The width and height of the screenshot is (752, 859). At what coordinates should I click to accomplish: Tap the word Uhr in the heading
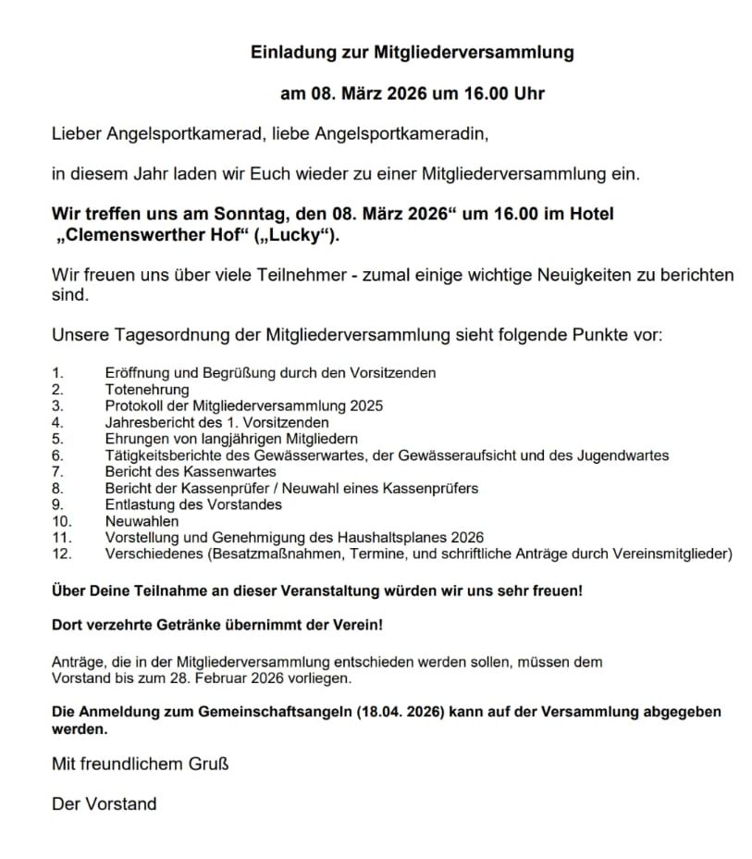527,93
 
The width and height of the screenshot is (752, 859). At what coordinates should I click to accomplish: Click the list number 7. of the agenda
57,472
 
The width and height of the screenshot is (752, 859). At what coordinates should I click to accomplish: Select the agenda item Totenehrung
147,390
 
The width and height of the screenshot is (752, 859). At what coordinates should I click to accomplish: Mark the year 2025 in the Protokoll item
366,405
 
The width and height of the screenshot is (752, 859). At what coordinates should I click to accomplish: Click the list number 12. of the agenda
62,554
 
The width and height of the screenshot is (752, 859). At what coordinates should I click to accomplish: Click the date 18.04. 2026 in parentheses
408,712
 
